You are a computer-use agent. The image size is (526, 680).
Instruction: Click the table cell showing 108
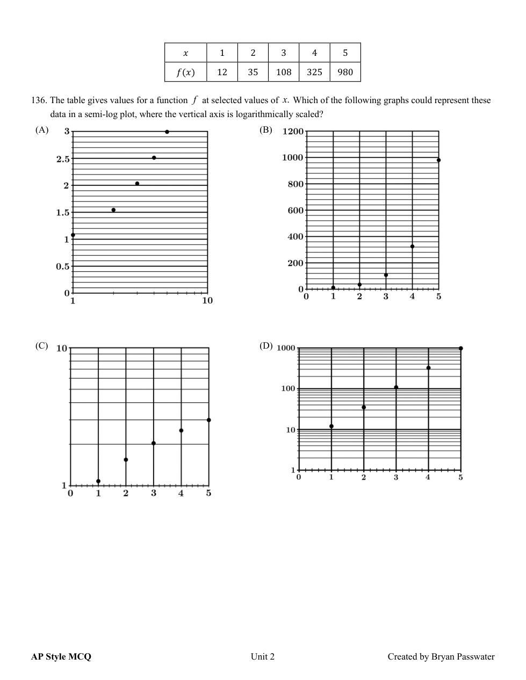pos(283,72)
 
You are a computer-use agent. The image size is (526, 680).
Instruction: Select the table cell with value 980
pos(345,72)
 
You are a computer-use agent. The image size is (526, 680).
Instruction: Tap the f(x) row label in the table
pos(185,72)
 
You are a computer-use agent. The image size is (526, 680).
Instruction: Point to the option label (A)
pos(42,130)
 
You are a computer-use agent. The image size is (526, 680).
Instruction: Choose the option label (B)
pos(266,130)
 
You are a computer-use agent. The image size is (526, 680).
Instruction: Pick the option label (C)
pos(42,346)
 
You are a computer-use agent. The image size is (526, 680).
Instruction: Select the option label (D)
pos(266,346)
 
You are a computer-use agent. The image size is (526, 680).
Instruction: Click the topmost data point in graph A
pos(167,132)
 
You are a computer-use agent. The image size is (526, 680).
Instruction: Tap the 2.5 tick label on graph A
pos(63,159)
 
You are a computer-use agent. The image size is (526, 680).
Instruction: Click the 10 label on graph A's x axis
pos(207,301)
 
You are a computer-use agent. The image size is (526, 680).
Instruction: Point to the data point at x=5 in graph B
pos(438,160)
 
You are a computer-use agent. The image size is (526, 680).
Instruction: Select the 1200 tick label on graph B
pos(293,132)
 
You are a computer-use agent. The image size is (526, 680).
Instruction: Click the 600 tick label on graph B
pos(296,210)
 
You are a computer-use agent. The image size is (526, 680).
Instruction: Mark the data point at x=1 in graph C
pos(98,481)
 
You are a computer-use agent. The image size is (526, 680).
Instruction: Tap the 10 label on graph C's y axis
pos(62,348)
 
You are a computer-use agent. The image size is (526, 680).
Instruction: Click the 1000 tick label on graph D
pos(286,348)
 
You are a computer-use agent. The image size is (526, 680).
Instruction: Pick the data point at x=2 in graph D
pos(364,407)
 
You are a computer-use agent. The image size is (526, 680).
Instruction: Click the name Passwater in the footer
pos(475,656)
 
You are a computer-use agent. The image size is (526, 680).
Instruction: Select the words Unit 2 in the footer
pos(262,656)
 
